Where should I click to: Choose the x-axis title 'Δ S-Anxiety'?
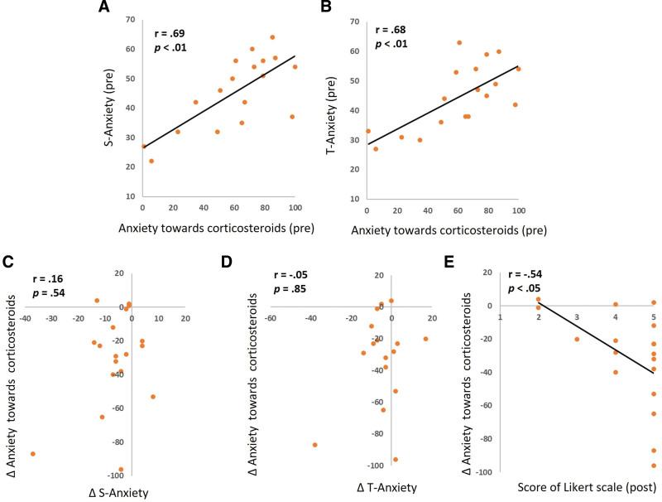(118, 494)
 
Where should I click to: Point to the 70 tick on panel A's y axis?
(132, 19)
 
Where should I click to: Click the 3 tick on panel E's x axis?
(577, 316)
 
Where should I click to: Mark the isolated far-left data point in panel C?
(33, 453)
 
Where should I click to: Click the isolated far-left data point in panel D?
(315, 445)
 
